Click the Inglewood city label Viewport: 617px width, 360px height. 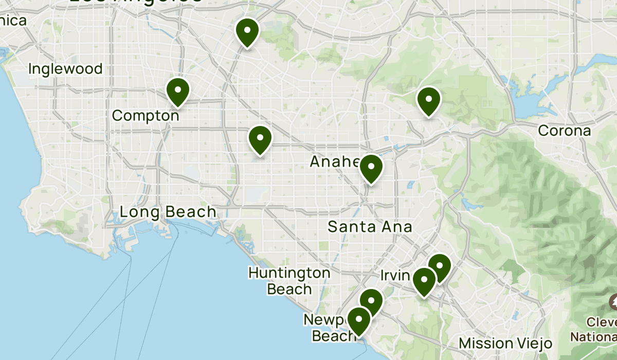[65, 68]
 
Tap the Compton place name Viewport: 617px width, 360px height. [146, 116]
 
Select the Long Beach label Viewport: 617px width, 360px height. [168, 212]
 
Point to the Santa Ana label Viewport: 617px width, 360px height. [370, 226]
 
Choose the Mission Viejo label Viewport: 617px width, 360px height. [505, 343]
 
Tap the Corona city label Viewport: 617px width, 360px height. [564, 131]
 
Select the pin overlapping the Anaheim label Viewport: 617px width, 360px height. [371, 168]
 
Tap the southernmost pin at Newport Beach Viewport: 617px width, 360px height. [358, 320]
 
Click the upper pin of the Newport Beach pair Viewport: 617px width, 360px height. [372, 301]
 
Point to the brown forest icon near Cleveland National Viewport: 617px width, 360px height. [613, 302]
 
